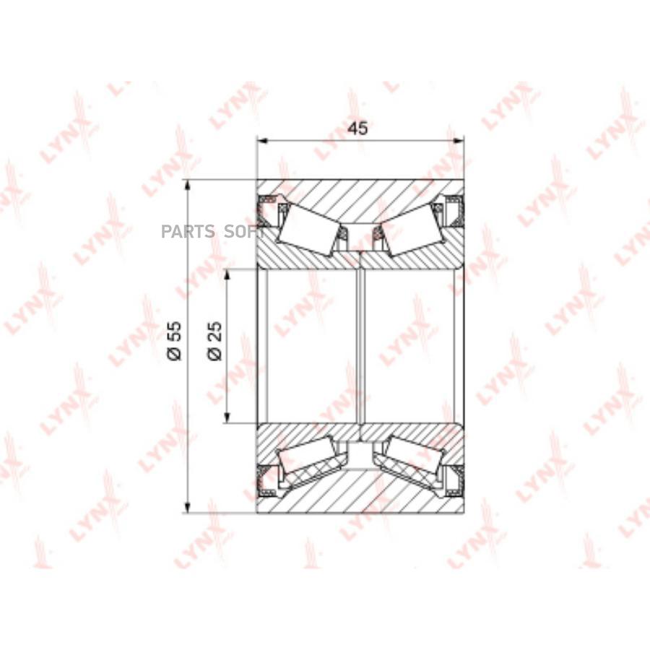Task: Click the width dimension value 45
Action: click(x=357, y=128)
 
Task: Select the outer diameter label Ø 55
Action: click(x=175, y=341)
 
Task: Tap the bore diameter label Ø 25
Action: click(x=214, y=341)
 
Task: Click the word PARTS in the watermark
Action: click(x=188, y=231)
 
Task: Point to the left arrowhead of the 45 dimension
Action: click(x=262, y=141)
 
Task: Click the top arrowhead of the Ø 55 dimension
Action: click(x=187, y=186)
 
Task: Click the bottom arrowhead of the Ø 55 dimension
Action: click(x=187, y=507)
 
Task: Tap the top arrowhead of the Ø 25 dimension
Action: click(x=227, y=275)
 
